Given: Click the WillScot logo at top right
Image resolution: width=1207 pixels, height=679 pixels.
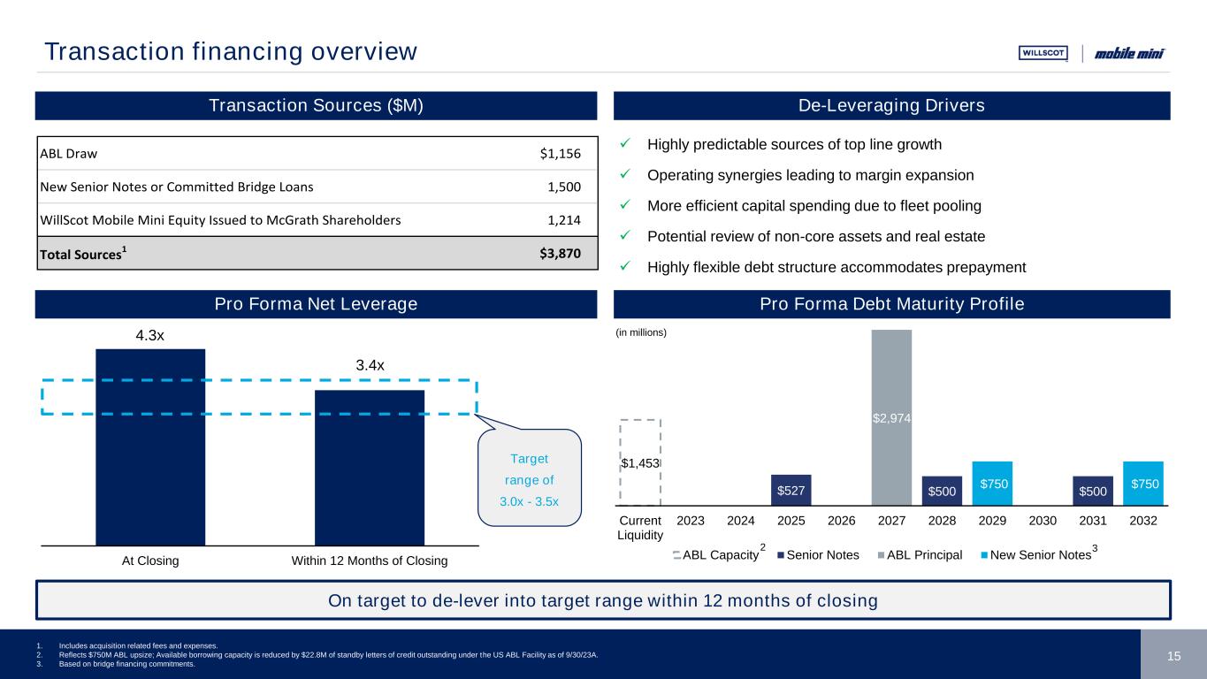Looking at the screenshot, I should click(x=1043, y=53).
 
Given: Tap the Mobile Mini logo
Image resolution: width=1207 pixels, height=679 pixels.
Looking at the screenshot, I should click(x=1129, y=53).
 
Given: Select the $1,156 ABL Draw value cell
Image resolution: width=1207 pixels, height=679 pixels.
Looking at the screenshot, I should click(x=560, y=153).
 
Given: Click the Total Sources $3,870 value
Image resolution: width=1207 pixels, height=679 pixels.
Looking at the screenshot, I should click(x=560, y=253).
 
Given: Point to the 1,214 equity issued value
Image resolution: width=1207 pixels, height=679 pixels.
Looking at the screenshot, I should click(x=565, y=220).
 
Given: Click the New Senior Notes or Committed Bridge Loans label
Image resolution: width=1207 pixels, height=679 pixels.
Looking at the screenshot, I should click(x=176, y=187).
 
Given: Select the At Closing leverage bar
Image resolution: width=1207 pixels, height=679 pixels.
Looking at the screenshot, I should click(x=150, y=446).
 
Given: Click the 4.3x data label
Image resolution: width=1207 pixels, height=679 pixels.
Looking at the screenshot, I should click(x=150, y=337).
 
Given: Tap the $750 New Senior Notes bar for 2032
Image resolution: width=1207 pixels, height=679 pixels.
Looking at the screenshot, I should click(x=1143, y=483).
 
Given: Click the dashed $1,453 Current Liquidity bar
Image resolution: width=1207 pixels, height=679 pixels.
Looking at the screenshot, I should click(x=640, y=462).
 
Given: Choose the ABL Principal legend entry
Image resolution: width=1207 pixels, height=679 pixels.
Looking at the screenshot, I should click(x=921, y=555).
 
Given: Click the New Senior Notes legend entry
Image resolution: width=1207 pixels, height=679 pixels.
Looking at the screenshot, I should click(x=1043, y=555).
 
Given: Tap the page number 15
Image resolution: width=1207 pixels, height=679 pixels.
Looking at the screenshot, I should click(x=1173, y=655).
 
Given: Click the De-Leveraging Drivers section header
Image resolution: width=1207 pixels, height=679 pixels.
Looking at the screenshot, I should click(x=891, y=106).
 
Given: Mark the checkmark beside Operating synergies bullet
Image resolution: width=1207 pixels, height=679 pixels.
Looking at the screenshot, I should click(x=624, y=175).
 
